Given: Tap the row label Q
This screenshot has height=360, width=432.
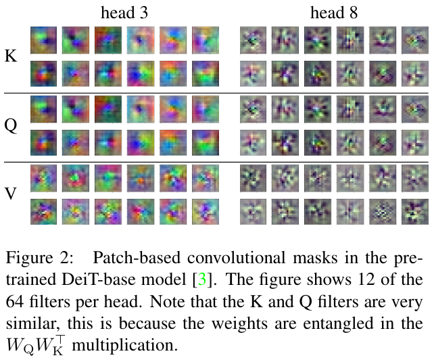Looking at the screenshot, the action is (11, 126).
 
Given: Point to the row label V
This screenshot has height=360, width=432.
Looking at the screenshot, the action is (11, 195).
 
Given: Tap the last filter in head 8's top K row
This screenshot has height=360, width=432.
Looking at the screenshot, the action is (413, 39).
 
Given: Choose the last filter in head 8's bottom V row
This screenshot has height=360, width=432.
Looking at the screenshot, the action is (413, 211).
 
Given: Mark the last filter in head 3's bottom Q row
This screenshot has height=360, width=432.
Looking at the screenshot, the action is (205, 142).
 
